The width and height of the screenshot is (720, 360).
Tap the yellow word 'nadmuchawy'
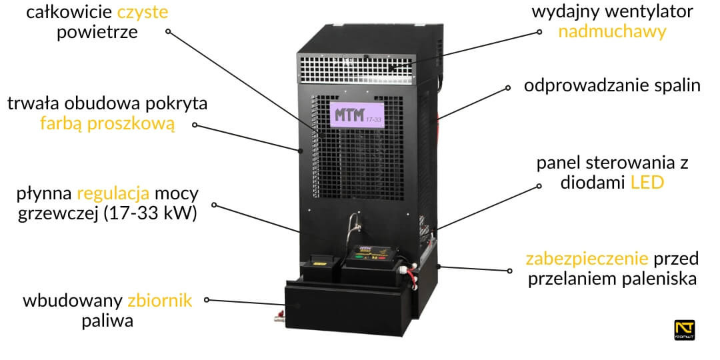pos(612,31)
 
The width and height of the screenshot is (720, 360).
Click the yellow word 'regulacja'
pos(113,195)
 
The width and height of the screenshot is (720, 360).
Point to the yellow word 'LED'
pos(647,183)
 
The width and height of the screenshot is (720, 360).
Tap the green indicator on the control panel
pos(360,255)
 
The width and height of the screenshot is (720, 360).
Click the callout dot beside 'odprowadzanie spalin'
pos(509,87)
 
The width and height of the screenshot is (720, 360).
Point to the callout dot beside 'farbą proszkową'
pos(195,124)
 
